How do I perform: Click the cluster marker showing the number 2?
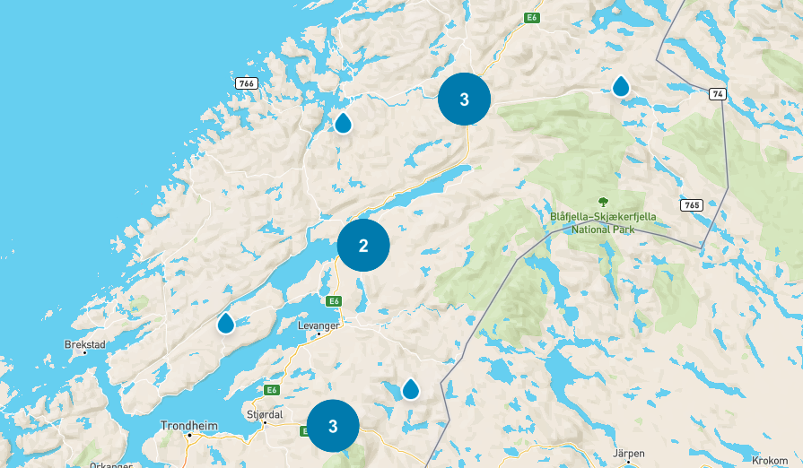(363, 245)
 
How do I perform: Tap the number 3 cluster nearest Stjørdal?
(333, 426)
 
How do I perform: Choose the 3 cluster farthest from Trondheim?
(464, 100)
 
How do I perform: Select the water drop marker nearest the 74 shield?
(621, 86)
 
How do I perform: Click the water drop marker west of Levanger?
(226, 323)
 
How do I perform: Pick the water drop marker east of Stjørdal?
(410, 388)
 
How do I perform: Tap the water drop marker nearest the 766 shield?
(343, 123)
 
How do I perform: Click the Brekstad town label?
(85, 343)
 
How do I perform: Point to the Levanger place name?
(319, 325)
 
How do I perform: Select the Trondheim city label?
(188, 426)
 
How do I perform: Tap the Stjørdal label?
(265, 414)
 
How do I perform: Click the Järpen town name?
(628, 454)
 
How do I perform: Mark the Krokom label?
(770, 458)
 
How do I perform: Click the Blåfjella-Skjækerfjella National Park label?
(603, 222)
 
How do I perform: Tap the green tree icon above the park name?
(603, 202)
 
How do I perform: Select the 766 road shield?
(247, 83)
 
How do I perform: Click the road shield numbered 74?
(716, 93)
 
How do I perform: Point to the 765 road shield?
(691, 205)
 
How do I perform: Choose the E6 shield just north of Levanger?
(334, 301)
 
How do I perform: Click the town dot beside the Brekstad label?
(85, 352)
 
